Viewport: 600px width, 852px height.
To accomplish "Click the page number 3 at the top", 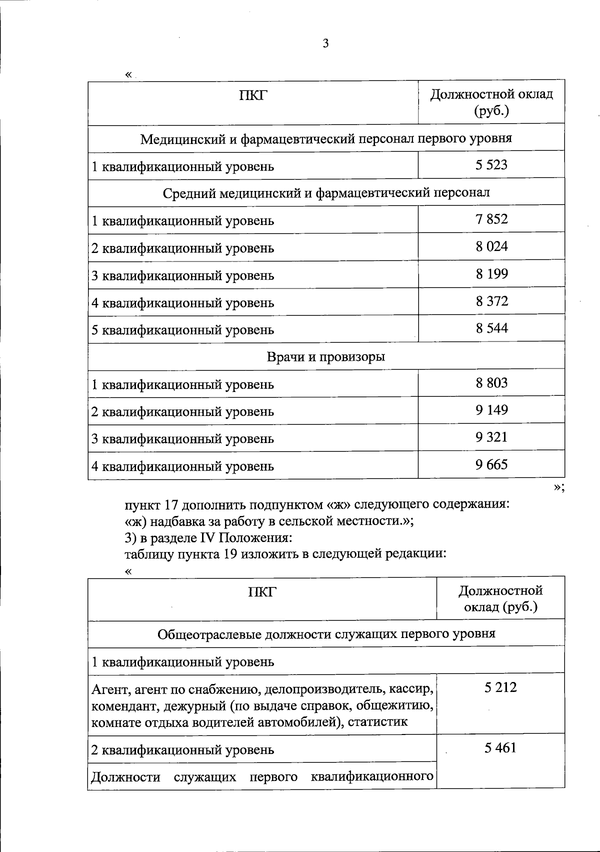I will click(326, 44).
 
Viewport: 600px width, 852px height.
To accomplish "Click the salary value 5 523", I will click(491, 165).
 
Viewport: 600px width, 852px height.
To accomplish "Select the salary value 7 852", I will click(491, 219).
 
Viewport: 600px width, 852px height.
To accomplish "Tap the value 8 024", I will click(491, 246).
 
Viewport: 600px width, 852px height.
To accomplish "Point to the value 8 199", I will click(491, 274).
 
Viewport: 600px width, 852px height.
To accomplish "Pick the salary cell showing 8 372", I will click(491, 301).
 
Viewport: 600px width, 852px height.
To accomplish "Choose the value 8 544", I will click(491, 328).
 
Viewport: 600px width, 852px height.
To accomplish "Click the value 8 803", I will click(491, 383).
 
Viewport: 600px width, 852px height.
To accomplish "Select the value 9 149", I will click(491, 410).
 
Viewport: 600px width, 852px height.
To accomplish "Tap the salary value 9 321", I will click(491, 437).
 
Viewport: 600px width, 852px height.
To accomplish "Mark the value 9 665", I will click(491, 465).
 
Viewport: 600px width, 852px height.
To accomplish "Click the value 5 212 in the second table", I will click(500, 687).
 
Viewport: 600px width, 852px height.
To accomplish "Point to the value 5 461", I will click(500, 748).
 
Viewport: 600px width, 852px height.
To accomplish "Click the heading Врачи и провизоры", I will click(326, 356).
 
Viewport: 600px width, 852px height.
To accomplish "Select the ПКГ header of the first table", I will click(253, 95).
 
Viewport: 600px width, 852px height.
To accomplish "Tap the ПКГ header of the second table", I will click(262, 592).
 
